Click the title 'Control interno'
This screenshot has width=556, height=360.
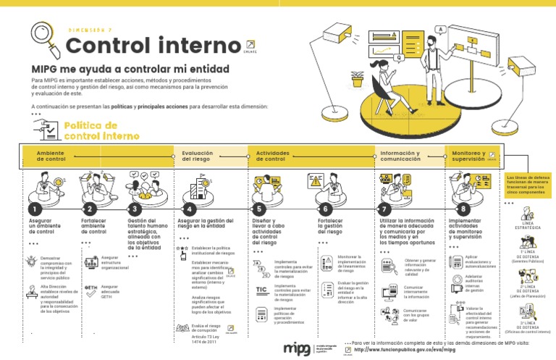tap(153, 45)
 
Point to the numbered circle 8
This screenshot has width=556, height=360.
tap(463, 209)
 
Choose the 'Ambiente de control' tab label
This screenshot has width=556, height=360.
tap(51, 156)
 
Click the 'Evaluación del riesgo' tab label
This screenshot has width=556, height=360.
tap(197, 156)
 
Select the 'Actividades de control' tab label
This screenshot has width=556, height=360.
tap(273, 156)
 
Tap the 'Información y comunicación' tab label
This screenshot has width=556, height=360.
tap(400, 156)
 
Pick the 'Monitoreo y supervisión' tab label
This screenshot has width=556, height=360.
tap(468, 156)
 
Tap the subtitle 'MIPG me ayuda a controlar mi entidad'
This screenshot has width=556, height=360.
tap(130, 69)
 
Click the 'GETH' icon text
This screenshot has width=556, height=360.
tap(91, 288)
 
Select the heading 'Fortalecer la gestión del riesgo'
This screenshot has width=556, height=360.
tap(329, 226)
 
